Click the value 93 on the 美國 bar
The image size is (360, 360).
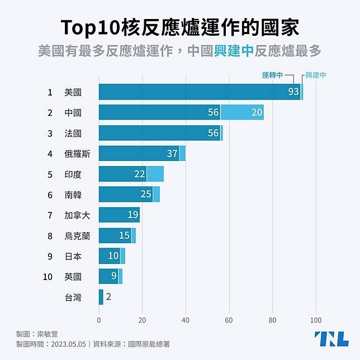point(293,92)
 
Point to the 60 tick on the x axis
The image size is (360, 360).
point(229,320)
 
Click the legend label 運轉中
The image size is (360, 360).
point(273,75)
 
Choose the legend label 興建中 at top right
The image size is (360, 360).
point(316,75)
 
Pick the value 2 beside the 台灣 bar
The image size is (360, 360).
point(108,297)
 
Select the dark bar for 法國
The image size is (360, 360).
point(159,133)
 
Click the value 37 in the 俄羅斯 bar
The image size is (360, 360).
point(172,153)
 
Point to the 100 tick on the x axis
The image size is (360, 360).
point(316,320)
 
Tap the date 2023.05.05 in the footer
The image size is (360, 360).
point(68,344)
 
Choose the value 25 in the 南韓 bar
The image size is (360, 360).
point(146,195)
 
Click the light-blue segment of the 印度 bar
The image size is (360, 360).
point(155,174)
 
